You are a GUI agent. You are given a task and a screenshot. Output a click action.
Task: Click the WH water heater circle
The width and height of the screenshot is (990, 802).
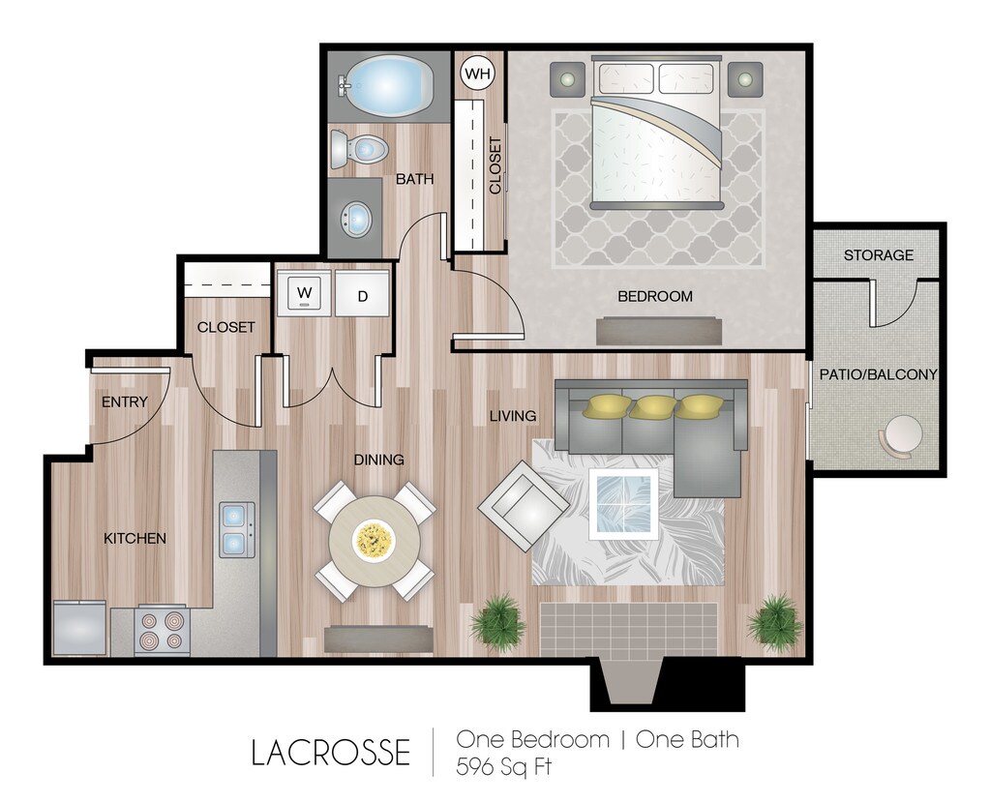(475, 73)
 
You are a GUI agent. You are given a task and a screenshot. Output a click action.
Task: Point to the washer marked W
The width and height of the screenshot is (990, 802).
(304, 293)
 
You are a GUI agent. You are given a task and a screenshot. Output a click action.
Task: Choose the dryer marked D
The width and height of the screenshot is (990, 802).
(363, 295)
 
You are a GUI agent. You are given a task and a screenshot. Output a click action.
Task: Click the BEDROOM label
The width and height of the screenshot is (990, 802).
(655, 296)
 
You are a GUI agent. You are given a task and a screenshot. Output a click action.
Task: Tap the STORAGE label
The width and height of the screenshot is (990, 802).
(878, 255)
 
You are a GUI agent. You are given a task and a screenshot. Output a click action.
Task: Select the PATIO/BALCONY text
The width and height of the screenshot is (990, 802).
(879, 374)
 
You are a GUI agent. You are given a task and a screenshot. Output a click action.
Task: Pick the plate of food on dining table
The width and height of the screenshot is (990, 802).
(373, 538)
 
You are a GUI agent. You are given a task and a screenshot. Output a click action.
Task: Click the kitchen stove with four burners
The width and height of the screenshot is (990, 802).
(161, 630)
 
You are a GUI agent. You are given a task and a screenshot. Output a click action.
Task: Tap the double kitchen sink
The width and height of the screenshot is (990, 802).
(234, 529)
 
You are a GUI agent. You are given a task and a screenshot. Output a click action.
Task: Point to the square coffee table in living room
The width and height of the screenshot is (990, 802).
(624, 503)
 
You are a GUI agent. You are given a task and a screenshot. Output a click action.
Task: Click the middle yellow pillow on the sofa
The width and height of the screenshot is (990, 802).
(653, 407)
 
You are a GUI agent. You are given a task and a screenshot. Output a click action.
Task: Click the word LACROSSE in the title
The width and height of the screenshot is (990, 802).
(330, 752)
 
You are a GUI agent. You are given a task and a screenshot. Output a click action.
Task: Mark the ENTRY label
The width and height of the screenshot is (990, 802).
(124, 401)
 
